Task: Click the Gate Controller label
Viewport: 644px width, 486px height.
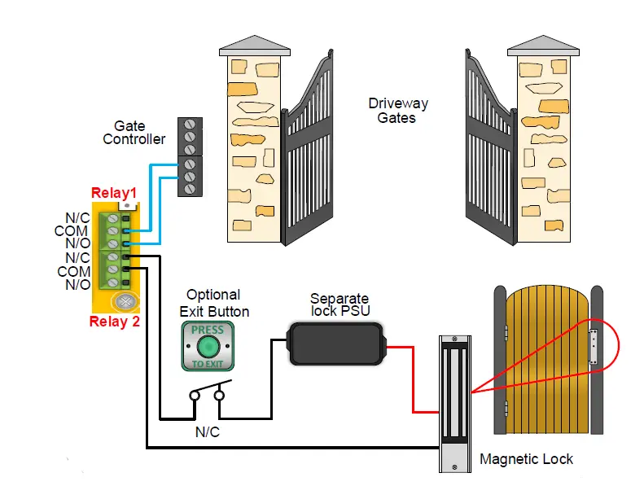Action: tap(134, 133)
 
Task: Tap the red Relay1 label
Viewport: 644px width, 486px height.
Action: tap(113, 194)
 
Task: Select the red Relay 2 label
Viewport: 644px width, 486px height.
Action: tap(115, 322)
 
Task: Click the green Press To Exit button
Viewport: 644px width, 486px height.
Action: tap(207, 346)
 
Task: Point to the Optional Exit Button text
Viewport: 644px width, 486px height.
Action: tap(213, 303)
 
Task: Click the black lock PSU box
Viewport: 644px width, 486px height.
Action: tap(335, 343)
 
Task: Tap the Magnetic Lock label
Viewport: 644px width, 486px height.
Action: tap(526, 459)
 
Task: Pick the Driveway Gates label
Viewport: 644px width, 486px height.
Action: tap(397, 111)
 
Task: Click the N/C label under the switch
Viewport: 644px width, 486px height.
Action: tap(207, 432)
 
